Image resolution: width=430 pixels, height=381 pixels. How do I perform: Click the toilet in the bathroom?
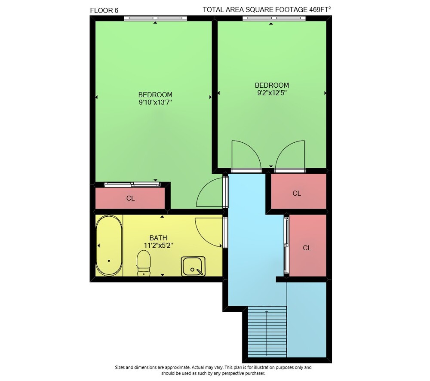144,263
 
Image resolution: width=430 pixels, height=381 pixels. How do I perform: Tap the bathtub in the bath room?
109,245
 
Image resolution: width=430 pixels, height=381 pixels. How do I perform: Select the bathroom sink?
193,266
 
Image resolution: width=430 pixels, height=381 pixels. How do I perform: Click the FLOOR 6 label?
104,10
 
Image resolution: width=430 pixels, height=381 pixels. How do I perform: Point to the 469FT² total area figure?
320,9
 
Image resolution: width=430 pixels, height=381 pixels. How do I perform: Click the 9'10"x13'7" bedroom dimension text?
156,103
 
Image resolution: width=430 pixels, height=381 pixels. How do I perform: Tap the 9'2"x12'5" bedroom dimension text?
272,93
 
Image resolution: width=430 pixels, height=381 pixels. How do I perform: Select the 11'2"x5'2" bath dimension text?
159,245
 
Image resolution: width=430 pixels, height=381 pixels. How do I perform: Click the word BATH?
158,238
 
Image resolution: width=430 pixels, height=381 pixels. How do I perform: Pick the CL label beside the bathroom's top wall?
131,198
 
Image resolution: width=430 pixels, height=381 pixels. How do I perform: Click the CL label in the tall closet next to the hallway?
307,248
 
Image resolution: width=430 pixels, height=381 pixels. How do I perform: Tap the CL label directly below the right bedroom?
297,194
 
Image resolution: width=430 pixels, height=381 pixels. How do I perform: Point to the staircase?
267,332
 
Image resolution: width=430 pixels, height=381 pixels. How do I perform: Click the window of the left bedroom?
156,18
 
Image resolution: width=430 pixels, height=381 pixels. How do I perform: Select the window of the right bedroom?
274,18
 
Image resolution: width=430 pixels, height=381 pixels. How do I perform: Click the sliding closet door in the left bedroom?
132,184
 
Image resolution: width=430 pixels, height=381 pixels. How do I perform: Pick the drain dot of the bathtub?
109,261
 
